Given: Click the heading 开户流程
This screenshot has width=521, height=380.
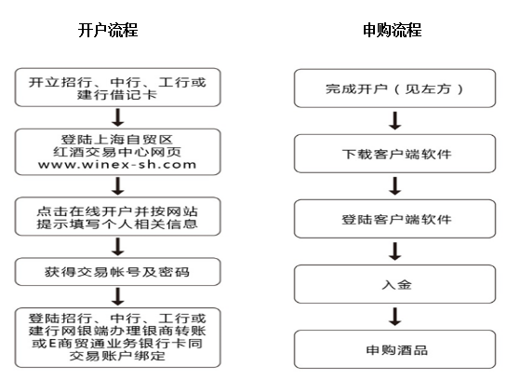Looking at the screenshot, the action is coord(108,30).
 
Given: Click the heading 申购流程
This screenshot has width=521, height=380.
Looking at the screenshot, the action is coord(393,30).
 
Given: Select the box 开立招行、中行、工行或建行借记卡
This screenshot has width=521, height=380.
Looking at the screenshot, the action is coord(117,88).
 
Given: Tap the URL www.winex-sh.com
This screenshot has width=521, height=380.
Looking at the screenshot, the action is coord(117,164).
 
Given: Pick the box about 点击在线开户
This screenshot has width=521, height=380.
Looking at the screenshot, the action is coord(117,216).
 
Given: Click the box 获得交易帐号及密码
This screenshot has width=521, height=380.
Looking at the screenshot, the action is coord(117,272).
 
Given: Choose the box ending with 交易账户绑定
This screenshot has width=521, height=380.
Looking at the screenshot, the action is coord(117,337).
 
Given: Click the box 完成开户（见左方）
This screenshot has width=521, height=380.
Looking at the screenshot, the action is coord(394,88).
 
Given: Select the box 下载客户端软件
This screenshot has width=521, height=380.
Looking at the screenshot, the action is coord(394,154).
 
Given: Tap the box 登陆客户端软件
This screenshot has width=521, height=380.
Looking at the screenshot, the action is coord(394,219).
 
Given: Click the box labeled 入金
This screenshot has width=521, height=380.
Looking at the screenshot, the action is coord(394,284).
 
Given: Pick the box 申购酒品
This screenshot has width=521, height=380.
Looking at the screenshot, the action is coord(394,349).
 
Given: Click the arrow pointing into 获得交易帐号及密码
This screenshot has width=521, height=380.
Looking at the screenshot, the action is coord(118,247).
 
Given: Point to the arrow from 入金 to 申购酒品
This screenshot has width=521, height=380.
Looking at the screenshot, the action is coord(395,317).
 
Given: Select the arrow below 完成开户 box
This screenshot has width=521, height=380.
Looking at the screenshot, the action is coord(395,121).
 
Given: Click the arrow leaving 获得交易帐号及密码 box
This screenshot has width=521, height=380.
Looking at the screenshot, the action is coord(118,297).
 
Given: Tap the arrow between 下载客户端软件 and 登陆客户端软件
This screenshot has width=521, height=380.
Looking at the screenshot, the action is coord(395,186).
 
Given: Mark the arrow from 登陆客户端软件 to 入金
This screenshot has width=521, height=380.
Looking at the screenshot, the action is coord(395,251).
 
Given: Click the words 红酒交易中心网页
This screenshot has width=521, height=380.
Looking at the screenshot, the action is coord(117,152).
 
